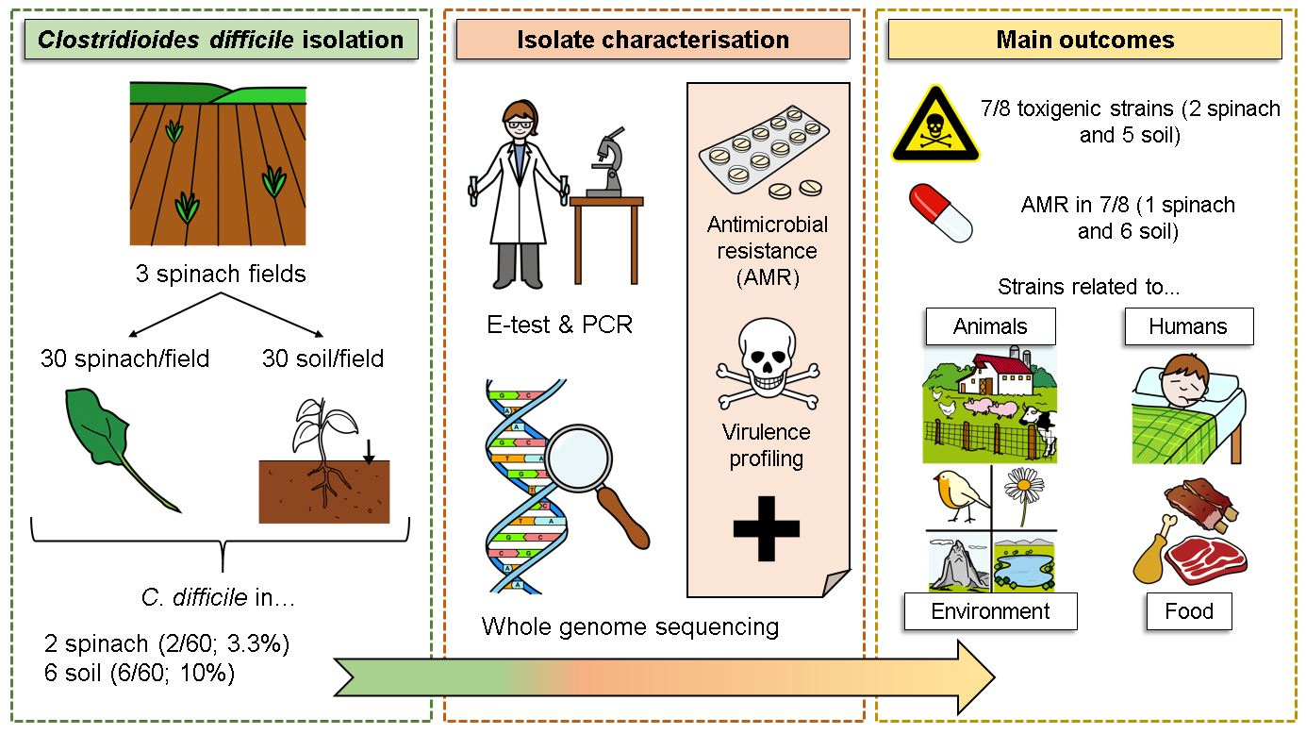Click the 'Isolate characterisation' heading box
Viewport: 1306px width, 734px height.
[653, 40]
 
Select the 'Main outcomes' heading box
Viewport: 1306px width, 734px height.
[1084, 40]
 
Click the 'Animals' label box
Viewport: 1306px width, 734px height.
[990, 326]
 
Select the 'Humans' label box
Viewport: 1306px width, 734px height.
[1188, 326]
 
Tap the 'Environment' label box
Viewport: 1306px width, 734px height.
[990, 610]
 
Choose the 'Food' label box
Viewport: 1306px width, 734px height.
[1188, 610]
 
